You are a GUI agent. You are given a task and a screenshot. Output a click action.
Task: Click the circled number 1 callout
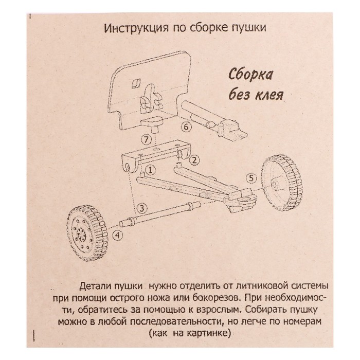(150, 169)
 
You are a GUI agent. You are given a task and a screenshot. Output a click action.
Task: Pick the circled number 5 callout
(250, 178)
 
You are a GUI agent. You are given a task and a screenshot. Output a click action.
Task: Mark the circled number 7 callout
(147, 139)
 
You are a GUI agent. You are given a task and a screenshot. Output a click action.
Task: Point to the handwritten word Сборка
(251, 75)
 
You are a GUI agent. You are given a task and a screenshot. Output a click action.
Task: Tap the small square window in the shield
(136, 81)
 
